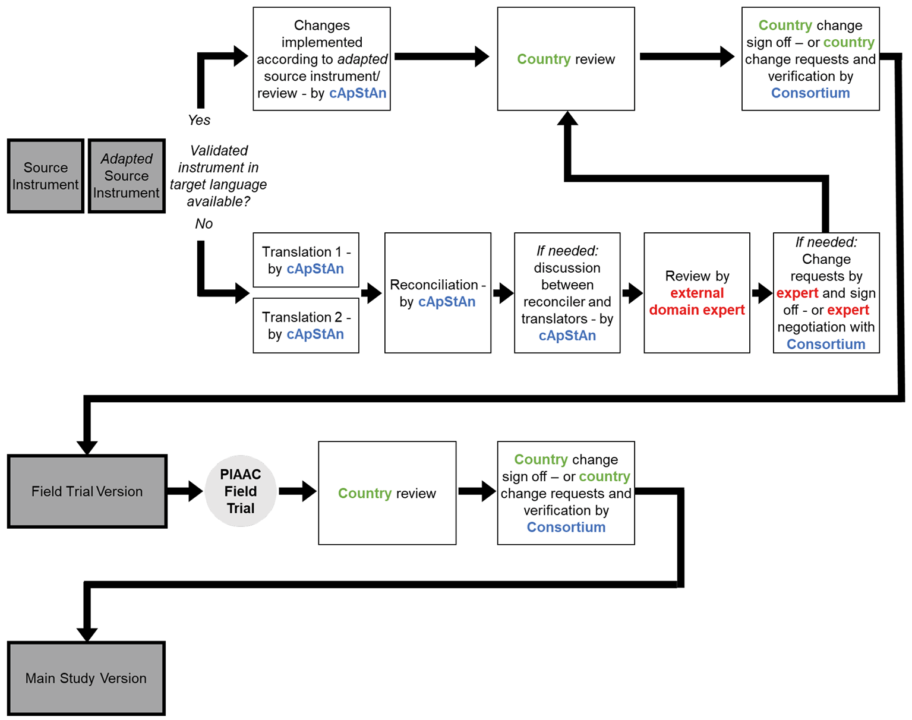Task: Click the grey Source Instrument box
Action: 45,176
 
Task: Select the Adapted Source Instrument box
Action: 127,176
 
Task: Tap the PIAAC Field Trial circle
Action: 240,491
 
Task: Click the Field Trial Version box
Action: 87,491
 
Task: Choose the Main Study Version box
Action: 86,678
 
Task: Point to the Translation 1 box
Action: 305,260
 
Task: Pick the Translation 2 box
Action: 305,326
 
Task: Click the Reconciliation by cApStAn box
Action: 437,293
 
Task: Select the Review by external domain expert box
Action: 697,293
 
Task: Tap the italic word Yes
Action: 199,120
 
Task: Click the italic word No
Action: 203,223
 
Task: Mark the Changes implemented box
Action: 321,59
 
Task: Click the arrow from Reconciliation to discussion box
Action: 503,293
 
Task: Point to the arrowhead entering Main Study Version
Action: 87,634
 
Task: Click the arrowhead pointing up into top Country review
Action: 567,118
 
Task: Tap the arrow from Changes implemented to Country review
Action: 441,56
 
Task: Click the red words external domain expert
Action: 697,301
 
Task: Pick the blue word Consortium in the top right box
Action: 810,93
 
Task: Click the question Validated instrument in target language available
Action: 218,176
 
